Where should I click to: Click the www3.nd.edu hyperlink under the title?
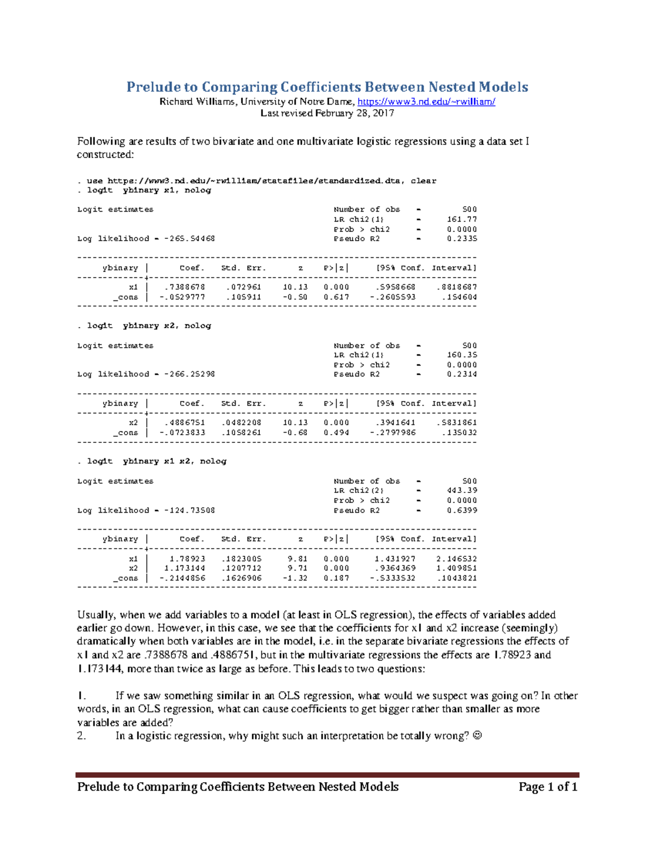pyautogui.click(x=426, y=101)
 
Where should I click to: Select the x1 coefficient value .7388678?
pyautogui.click(x=184, y=287)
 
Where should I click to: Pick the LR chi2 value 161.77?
pyautogui.click(x=462, y=219)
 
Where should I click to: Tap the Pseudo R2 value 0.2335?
pyautogui.click(x=462, y=239)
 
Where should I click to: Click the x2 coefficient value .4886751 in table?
pyautogui.click(x=184, y=423)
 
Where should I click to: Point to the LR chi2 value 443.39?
pyautogui.click(x=462, y=490)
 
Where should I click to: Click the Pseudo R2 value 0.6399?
pyautogui.click(x=462, y=510)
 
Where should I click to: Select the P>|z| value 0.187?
pyautogui.click(x=336, y=578)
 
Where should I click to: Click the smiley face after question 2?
pyautogui.click(x=477, y=736)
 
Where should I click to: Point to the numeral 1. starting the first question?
pyautogui.click(x=82, y=696)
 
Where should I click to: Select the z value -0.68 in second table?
pyautogui.click(x=295, y=432)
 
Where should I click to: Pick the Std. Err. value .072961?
pyautogui.click(x=243, y=287)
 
